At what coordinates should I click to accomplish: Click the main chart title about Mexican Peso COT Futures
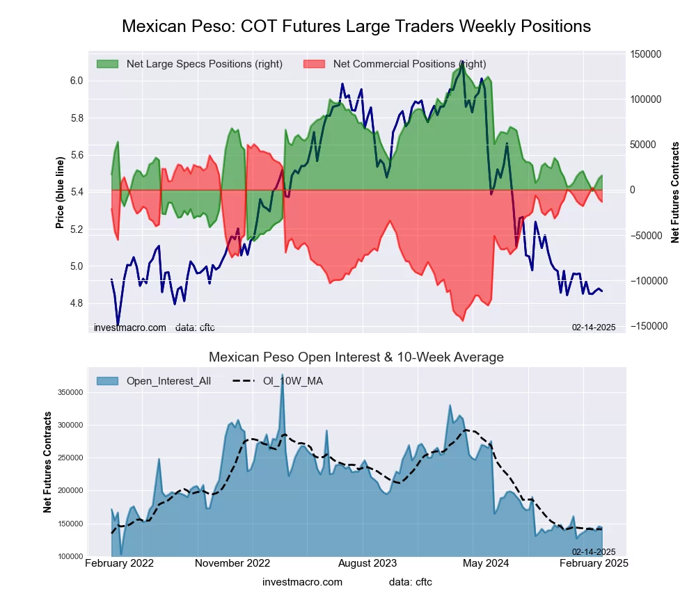(x=356, y=26)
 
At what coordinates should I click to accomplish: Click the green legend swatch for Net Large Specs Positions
(x=107, y=64)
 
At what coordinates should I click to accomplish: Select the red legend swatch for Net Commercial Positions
(x=315, y=64)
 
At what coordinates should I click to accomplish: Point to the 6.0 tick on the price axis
(x=77, y=81)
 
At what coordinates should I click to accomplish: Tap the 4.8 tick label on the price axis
(x=77, y=303)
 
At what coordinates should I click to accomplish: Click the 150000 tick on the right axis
(x=645, y=54)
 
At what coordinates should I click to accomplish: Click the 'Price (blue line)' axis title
(x=61, y=193)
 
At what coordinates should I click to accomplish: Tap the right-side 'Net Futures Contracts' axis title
(x=675, y=193)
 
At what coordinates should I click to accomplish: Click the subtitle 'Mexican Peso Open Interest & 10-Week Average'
(x=356, y=357)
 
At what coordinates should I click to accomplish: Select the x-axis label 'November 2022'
(x=232, y=563)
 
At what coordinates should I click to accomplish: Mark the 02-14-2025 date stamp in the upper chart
(x=594, y=327)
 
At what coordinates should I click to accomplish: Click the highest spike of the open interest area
(x=282, y=375)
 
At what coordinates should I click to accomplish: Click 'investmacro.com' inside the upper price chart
(x=130, y=327)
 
